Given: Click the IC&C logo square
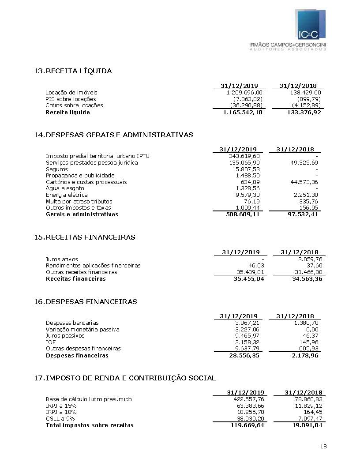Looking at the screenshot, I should click(x=311, y=25).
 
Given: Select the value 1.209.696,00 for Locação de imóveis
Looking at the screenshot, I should click(x=244, y=93).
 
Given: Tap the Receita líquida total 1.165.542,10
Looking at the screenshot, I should click(x=243, y=113).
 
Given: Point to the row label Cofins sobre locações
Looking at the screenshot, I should click(x=74, y=105).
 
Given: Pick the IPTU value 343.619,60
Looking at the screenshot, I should click(x=244, y=156).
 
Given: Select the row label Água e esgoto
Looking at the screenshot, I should click(x=65, y=188).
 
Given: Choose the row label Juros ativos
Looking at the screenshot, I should click(x=62, y=259).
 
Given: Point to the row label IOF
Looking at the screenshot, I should click(x=50, y=342).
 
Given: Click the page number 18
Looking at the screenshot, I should click(x=323, y=447).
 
